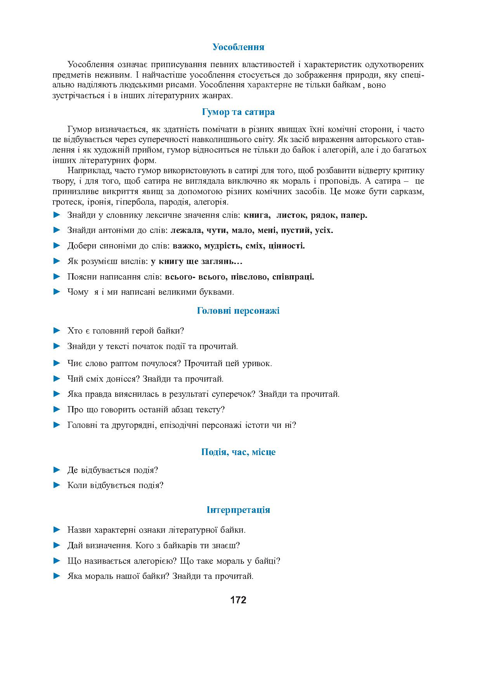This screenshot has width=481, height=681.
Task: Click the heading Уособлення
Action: (238, 47)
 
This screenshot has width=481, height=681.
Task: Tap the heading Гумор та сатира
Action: (238, 112)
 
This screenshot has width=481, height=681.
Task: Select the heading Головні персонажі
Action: (238, 311)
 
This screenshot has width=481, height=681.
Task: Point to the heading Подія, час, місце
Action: (238, 452)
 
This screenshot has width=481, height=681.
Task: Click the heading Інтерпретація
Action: (238, 510)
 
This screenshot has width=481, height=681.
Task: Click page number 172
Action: (238, 600)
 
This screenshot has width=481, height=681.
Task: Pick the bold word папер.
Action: (353, 215)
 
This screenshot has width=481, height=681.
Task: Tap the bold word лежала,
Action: (186, 230)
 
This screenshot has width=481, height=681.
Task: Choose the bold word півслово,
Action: (249, 277)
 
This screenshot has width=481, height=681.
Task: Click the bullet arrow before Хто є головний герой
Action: (57, 331)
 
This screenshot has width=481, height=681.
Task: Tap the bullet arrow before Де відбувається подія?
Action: (57, 470)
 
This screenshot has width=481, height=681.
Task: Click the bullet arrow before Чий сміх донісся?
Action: (57, 379)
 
